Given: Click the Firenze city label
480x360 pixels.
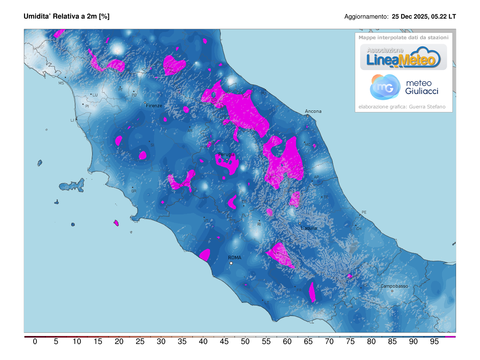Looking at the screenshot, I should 154,106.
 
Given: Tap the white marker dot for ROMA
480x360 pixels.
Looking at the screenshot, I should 231,263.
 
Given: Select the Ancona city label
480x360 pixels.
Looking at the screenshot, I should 313,111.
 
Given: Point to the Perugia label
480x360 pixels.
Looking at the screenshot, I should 226,154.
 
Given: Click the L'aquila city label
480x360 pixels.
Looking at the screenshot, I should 309,228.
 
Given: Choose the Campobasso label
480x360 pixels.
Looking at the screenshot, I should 394,286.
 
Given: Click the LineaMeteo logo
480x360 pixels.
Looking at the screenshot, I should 404,57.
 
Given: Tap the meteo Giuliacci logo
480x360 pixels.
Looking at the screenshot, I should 404,87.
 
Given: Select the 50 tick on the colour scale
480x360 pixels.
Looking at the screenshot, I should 245,342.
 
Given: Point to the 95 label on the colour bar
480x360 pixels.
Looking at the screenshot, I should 434,342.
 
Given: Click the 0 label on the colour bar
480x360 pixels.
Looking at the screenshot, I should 35,342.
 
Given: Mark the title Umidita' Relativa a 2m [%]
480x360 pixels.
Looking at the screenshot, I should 66,16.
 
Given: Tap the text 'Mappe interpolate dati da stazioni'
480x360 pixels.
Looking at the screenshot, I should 403,37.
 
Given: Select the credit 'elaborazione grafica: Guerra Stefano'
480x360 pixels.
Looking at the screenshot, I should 402,107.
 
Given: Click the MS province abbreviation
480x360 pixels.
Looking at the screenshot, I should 61,83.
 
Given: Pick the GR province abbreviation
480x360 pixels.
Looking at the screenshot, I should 134,191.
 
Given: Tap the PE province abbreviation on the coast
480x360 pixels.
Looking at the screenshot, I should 364,212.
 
